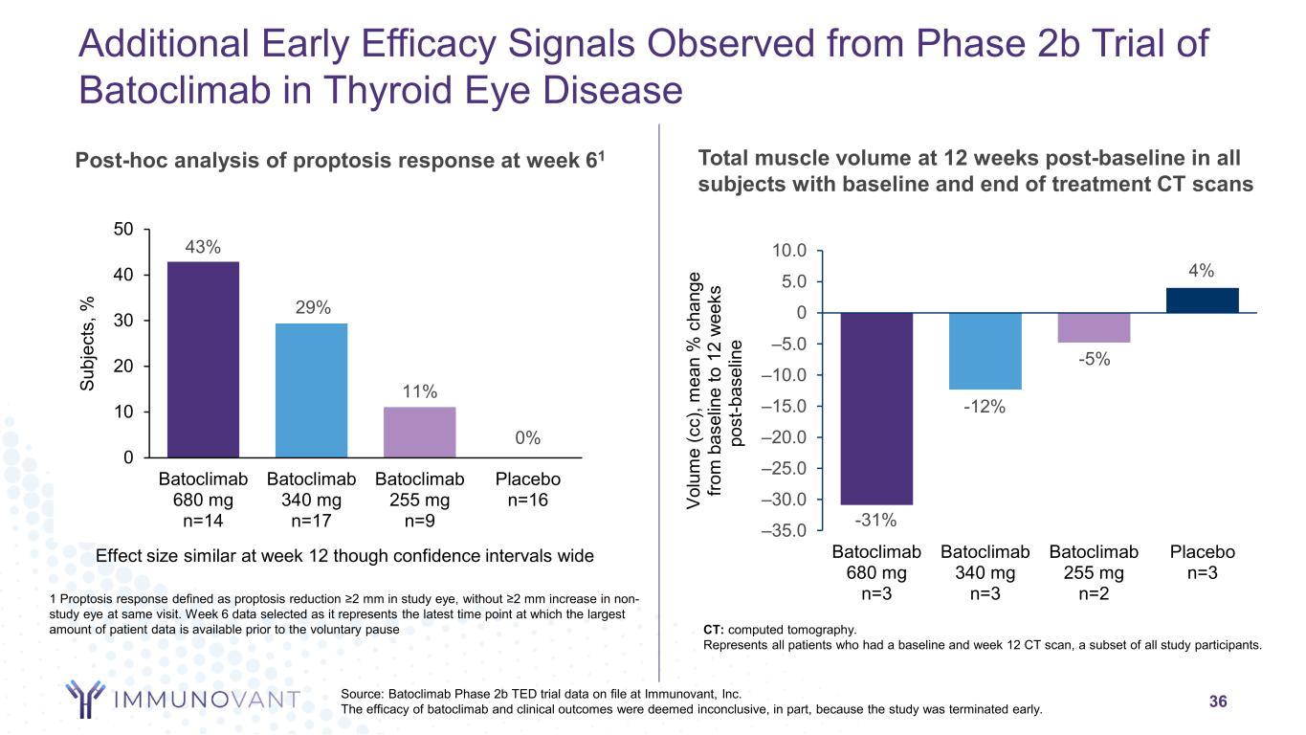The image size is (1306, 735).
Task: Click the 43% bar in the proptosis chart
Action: click(203, 359)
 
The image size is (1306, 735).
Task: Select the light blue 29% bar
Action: click(311, 390)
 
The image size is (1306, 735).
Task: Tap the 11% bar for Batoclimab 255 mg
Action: click(419, 432)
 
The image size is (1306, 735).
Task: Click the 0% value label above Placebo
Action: click(528, 437)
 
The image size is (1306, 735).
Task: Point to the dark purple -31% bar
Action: click(875, 409)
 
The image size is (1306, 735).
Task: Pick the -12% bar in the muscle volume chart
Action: click(985, 351)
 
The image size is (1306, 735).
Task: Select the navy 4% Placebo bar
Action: click(1202, 301)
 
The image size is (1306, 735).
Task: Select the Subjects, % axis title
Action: click(88, 344)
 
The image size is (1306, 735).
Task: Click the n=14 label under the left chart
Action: click(203, 522)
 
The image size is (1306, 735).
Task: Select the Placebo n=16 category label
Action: click(528, 489)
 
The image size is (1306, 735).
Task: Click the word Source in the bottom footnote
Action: click(364, 694)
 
